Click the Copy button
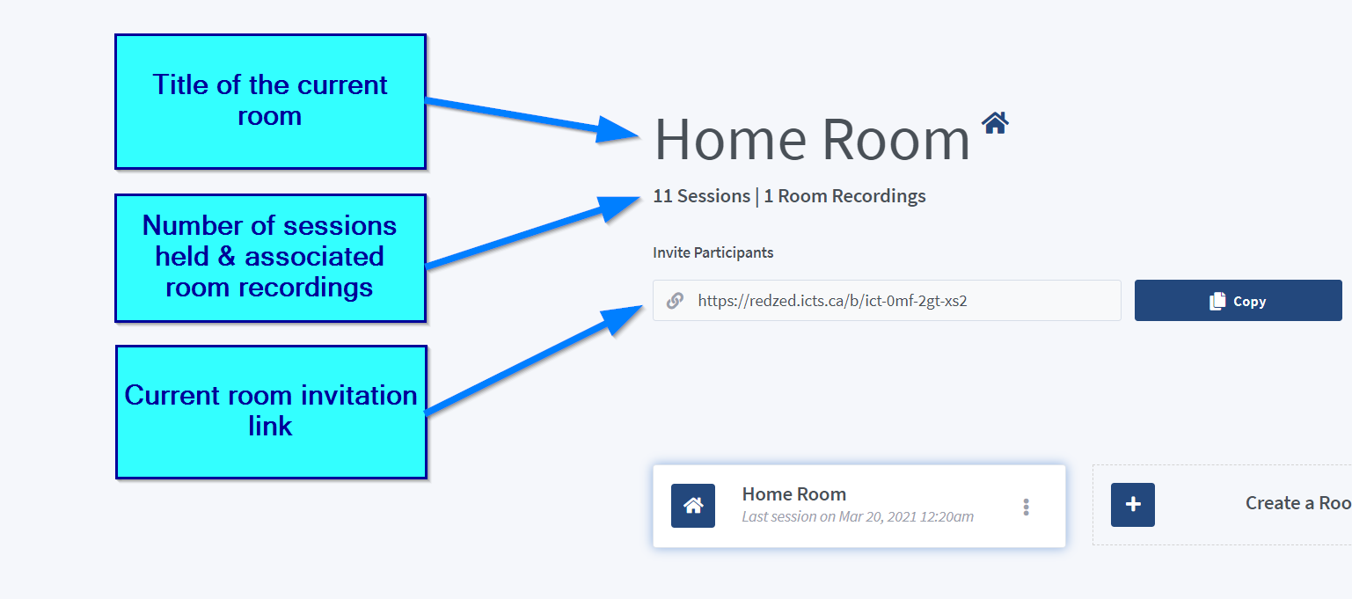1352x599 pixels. (1238, 300)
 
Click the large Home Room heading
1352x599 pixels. (812, 140)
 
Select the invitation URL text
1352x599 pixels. (832, 301)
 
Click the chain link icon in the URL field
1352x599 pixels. (675, 300)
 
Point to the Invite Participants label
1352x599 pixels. (713, 252)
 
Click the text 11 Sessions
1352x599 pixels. (701, 196)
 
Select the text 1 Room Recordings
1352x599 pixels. (844, 196)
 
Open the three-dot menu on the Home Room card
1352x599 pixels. (1026, 507)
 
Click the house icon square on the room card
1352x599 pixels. (693, 506)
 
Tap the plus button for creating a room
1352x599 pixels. (1133, 505)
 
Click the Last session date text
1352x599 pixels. (858, 517)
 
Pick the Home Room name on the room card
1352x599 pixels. (793, 494)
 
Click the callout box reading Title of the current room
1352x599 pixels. (270, 101)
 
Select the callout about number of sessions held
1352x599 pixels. (270, 258)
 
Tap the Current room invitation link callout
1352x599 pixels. (271, 412)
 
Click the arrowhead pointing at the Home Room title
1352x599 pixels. (617, 129)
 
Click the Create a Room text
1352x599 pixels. (1298, 503)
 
